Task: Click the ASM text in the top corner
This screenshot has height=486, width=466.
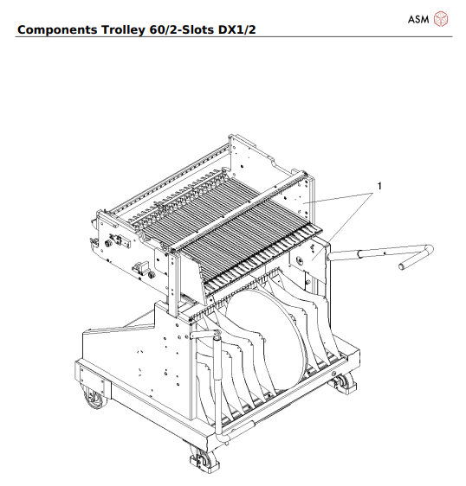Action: coord(419,18)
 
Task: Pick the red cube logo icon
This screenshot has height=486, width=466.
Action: coord(442,18)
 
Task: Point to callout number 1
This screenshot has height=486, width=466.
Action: coord(379,184)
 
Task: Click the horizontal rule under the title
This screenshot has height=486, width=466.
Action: coord(233,37)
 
